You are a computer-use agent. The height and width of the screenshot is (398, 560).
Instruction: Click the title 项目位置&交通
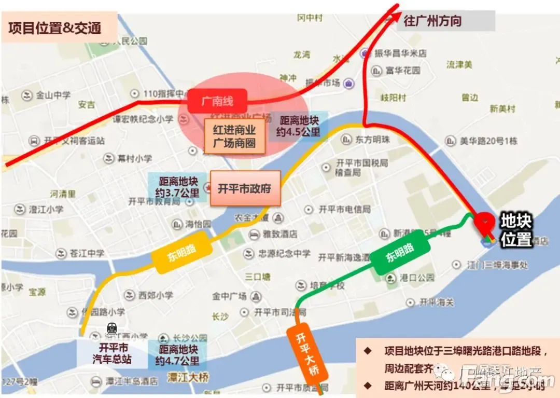(x=54, y=27)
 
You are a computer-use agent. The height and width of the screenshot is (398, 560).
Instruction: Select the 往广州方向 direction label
(x=432, y=21)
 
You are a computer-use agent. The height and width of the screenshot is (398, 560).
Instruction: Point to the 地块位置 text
(x=515, y=230)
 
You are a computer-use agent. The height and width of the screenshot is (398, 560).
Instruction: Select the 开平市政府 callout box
(x=244, y=188)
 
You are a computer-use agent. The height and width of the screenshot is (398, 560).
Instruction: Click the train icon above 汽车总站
(x=111, y=328)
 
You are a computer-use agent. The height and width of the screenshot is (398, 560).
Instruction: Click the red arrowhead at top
(x=395, y=10)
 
